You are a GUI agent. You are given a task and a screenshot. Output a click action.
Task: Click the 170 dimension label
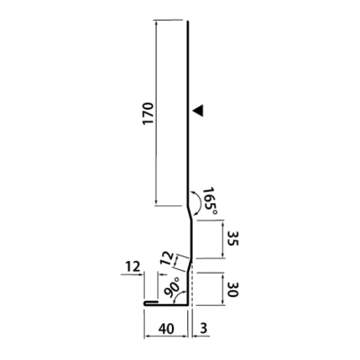[x=148, y=113]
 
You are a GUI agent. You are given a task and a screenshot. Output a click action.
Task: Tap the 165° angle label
[x=210, y=201]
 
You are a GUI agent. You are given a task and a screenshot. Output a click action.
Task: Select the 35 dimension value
[x=232, y=238]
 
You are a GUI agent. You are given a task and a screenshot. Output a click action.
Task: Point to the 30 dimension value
[x=232, y=289]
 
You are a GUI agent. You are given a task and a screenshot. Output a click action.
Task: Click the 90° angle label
[x=173, y=287]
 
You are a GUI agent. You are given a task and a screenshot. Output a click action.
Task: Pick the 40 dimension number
[x=166, y=329]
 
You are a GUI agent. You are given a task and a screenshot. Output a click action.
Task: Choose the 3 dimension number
[x=203, y=329]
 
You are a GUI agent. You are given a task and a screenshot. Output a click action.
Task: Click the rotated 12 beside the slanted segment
[x=166, y=258]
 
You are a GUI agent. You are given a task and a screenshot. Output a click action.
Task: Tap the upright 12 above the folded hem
[x=132, y=266]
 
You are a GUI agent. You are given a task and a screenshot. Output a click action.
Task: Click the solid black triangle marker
[x=199, y=111]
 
